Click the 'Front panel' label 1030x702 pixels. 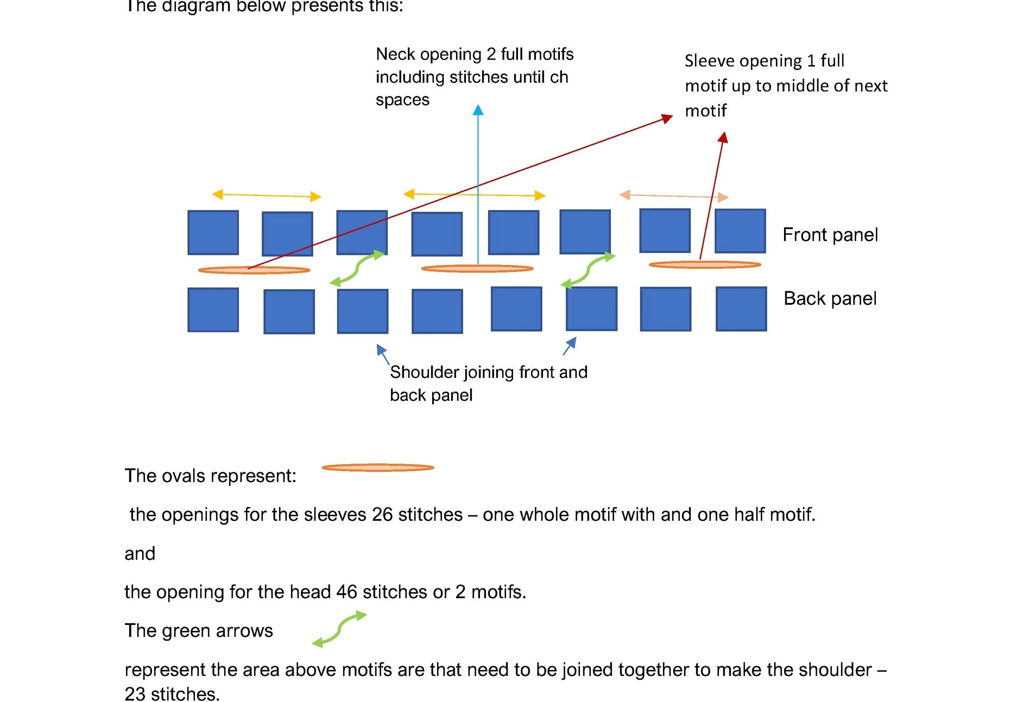pyautogui.click(x=830, y=235)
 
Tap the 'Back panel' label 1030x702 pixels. pyautogui.click(x=830, y=299)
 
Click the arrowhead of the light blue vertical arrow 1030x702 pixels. pyautogui.click(x=478, y=110)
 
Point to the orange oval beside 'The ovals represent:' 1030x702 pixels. pyautogui.click(x=378, y=468)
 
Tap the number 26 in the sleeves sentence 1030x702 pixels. pyautogui.click(x=382, y=515)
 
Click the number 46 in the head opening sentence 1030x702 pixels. pyautogui.click(x=346, y=592)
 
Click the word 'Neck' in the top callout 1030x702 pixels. pyautogui.click(x=396, y=54)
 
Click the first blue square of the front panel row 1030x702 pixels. pyautogui.click(x=213, y=233)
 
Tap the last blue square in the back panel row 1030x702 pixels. pyautogui.click(x=741, y=309)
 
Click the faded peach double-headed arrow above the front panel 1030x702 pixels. pyautogui.click(x=674, y=196)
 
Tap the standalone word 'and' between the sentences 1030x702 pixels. pyautogui.click(x=140, y=554)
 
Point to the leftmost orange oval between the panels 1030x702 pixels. pyautogui.click(x=254, y=270)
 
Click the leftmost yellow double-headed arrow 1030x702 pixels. pyautogui.click(x=267, y=195)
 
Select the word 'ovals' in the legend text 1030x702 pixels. pyautogui.click(x=179, y=476)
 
